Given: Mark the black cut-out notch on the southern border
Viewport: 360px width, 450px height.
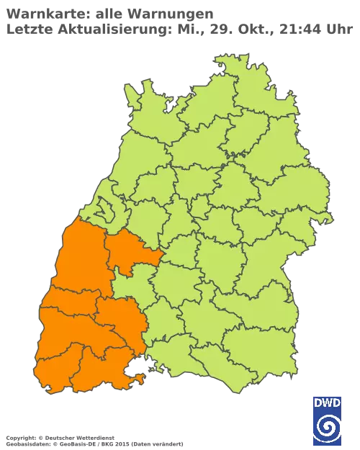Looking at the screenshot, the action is tap(134, 372).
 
